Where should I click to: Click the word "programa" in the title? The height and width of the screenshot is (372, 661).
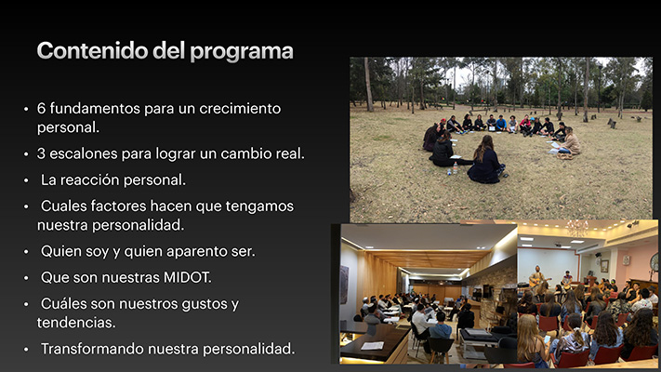(x=242, y=52)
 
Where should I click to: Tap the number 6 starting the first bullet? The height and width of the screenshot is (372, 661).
(x=41, y=109)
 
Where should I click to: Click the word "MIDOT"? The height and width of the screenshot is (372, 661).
(x=187, y=277)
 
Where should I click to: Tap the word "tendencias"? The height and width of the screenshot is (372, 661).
(x=76, y=323)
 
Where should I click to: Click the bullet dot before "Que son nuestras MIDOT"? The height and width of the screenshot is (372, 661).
(x=26, y=278)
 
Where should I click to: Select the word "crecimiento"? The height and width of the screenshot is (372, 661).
(x=240, y=109)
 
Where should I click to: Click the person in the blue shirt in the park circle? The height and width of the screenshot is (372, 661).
(x=501, y=123)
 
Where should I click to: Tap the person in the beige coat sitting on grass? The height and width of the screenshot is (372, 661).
(x=570, y=142)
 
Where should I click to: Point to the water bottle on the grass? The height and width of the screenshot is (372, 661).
(x=456, y=167)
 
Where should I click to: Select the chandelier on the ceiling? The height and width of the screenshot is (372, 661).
(x=576, y=228)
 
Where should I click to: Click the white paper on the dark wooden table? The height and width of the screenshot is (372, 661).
(x=372, y=346)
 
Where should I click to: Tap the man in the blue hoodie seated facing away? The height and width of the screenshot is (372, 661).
(x=439, y=328)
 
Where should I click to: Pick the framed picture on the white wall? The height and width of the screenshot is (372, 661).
(x=604, y=266)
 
